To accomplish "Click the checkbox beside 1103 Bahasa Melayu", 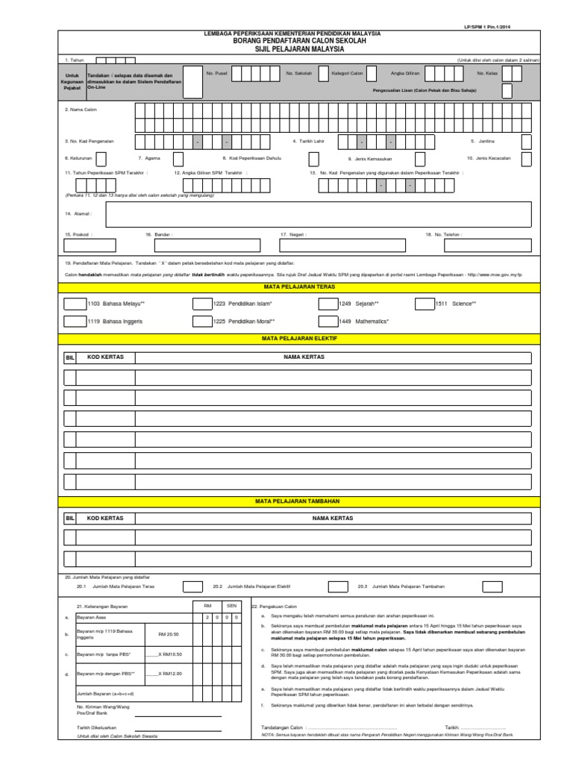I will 75,304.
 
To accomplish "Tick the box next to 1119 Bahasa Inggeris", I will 75,321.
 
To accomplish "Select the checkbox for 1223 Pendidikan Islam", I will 202,304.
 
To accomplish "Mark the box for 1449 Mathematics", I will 328,321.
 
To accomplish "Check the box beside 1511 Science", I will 445,304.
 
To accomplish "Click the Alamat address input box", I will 319,213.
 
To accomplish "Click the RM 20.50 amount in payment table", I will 169,633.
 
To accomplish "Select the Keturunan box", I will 101,158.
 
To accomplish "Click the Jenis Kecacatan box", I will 527,158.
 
